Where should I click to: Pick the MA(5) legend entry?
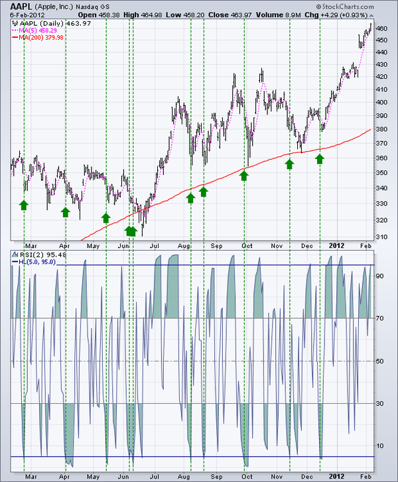click(37, 30)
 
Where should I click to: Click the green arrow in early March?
click(24, 205)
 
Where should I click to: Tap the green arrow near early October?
click(244, 175)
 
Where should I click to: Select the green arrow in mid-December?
click(320, 158)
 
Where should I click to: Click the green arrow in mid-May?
click(105, 217)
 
